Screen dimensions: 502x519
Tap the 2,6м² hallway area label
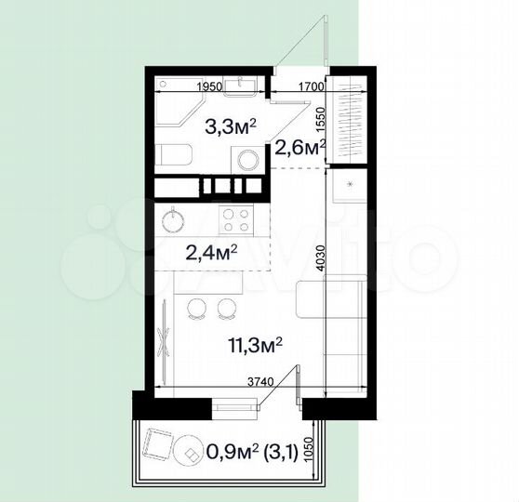298,145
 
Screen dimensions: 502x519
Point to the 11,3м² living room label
253,345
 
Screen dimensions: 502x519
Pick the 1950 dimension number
210,86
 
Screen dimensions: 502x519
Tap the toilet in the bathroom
173,155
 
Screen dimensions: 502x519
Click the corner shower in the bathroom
173,110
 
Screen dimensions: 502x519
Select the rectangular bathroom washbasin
248,86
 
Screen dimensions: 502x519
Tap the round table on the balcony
193,453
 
